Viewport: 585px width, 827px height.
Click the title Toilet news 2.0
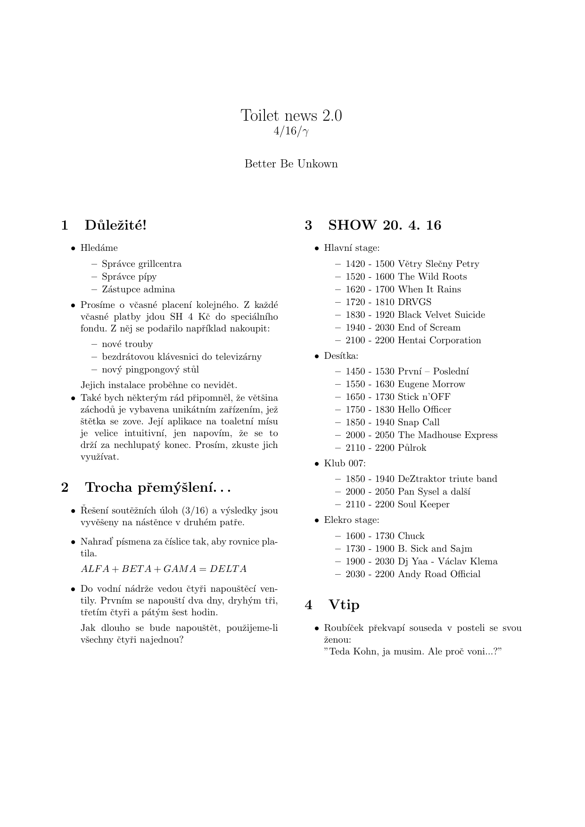click(291, 116)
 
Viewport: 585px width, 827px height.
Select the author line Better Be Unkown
click(291, 164)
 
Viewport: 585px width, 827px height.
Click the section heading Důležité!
click(115, 225)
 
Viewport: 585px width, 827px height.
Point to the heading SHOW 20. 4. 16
click(384, 225)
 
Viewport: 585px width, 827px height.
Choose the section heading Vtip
click(344, 605)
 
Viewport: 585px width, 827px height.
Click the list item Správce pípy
click(129, 277)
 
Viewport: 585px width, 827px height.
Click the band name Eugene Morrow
click(431, 384)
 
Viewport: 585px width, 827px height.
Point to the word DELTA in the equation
click(228, 569)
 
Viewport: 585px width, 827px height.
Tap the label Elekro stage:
click(351, 520)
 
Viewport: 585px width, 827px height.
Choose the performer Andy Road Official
click(439, 574)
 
